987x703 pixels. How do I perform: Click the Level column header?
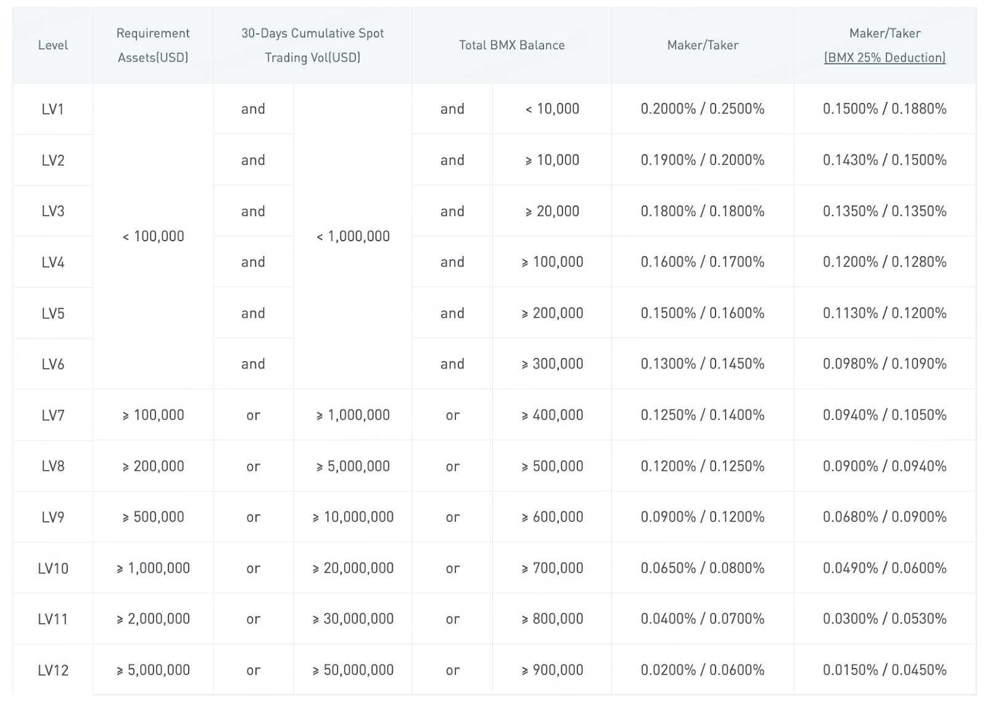coord(53,45)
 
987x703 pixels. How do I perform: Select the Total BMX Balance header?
coord(511,45)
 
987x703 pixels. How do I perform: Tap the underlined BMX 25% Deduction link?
coord(885,57)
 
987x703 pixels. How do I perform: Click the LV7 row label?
coord(53,415)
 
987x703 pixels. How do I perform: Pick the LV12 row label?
coord(53,670)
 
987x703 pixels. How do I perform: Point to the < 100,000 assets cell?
coord(153,236)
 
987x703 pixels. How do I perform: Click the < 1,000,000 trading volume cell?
coord(353,236)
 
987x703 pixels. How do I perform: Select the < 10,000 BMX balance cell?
coord(552,109)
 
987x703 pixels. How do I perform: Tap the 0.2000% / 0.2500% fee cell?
coord(702,109)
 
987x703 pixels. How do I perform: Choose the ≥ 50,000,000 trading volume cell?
coord(353,670)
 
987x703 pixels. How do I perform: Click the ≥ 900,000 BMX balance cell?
coord(552,670)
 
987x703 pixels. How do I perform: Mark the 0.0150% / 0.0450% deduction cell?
coord(884,670)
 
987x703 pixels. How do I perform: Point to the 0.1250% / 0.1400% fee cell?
coord(702,415)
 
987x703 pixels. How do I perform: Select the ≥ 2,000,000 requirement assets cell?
coord(153,619)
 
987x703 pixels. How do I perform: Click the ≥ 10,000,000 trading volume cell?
coord(353,517)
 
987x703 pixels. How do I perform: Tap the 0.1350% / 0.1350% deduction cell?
coord(884,211)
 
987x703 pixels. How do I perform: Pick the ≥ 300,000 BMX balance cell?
coord(552,364)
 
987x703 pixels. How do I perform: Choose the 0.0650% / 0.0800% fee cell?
coord(702,568)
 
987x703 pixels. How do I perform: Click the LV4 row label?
coord(53,262)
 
